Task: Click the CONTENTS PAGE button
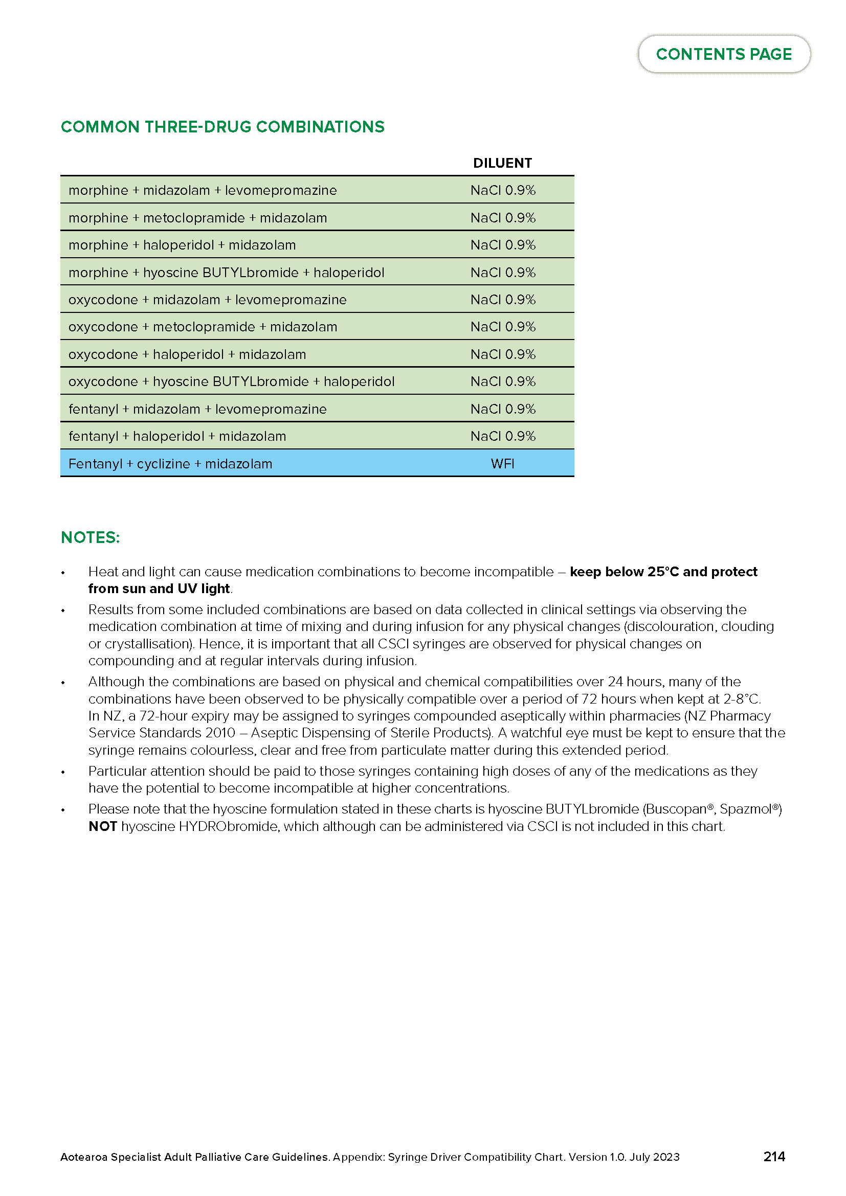(724, 54)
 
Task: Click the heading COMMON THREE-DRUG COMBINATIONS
(222, 127)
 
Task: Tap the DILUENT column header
(502, 163)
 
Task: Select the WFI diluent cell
(502, 464)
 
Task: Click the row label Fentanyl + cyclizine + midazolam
(170, 464)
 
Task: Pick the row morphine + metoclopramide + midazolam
(197, 218)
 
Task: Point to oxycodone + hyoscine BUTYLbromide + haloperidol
(231, 381)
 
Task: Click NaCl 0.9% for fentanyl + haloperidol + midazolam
(503, 436)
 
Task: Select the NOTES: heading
(90, 537)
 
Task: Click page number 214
(773, 1157)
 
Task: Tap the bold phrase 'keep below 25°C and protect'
(663, 572)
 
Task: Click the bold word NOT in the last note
(102, 826)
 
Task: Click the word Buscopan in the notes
(679, 809)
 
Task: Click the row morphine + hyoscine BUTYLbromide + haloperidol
(226, 273)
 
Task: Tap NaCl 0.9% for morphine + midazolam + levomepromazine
(503, 190)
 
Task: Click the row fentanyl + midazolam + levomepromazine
(197, 409)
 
